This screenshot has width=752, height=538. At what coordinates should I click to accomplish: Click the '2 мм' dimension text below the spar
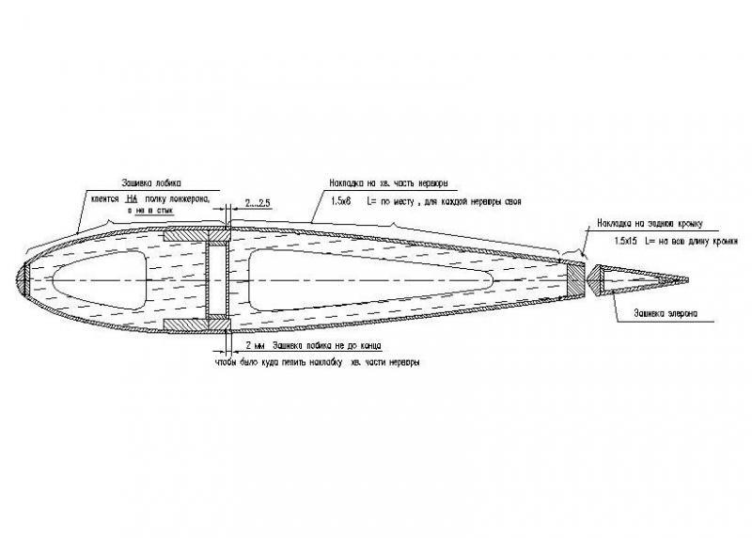coord(253,345)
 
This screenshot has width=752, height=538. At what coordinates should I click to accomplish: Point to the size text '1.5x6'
coord(343,201)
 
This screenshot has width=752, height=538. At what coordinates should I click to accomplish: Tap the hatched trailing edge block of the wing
coord(574,279)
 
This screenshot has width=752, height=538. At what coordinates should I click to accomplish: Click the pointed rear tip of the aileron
coord(686,279)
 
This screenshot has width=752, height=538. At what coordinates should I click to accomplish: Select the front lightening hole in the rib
coord(99,279)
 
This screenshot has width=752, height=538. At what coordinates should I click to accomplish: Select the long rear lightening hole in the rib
coord(367,279)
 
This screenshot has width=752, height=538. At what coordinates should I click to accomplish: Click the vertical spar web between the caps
coord(218,279)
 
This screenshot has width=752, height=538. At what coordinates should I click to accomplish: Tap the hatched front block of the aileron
coord(594,279)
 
